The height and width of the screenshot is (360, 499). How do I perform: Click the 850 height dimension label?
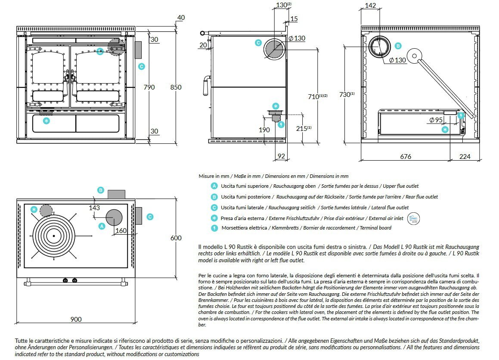pos(176,87)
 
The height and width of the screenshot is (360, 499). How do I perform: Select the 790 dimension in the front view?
pos(149,87)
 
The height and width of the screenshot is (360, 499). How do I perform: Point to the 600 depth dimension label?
pos(176,238)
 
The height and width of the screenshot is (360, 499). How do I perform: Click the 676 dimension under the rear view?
pos(406,157)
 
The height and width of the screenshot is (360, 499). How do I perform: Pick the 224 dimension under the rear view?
pos(465,157)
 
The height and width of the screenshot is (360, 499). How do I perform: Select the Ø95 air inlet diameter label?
pos(436,120)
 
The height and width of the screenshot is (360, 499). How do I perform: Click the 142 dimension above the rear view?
pos(370,6)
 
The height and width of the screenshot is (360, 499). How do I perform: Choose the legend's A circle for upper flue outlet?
pos(214,186)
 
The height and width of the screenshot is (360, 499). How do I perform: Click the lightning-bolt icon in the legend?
pos(214,228)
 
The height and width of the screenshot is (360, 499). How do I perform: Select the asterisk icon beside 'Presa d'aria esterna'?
pos(214,217)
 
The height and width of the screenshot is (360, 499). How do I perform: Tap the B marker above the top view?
pos(100,190)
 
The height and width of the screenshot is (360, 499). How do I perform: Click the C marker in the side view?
pos(258,43)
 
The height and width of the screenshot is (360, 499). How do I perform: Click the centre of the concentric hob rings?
pos(54,236)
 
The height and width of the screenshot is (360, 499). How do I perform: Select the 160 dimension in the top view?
pos(121,230)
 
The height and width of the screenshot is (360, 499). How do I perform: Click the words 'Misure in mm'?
pos(214,176)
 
